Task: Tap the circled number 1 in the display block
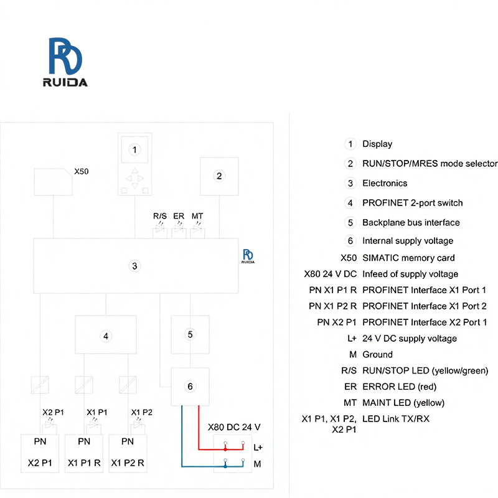[134, 149]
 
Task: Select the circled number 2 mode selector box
[218, 176]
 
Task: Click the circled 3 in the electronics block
[134, 266]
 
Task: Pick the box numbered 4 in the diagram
[106, 336]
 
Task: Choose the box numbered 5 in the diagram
[190, 334]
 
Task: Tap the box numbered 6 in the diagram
[190, 387]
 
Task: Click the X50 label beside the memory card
[82, 171]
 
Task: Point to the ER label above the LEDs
[179, 216]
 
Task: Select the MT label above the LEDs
[197, 216]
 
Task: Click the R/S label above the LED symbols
[160, 216]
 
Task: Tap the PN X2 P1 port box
[40, 453]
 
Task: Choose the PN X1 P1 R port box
[84, 453]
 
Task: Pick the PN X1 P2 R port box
[128, 453]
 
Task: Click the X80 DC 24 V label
[233, 427]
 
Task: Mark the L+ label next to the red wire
[258, 447]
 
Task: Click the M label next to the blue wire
[257, 464]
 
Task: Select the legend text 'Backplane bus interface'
[411, 222]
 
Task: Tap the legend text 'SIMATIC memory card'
[408, 258]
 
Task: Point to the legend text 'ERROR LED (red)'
[403, 387]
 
